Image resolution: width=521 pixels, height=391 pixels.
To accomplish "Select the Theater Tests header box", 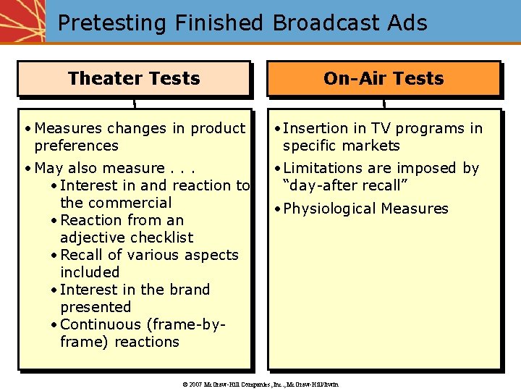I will (134, 78).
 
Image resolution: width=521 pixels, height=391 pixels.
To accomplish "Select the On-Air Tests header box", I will (384, 78).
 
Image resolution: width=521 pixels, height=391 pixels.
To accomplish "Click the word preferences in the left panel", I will (76, 146).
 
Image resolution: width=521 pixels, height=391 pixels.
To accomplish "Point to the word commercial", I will (116, 203).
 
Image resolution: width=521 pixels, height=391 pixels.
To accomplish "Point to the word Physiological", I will (329, 209).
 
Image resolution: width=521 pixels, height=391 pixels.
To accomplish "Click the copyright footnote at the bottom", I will (261, 384).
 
